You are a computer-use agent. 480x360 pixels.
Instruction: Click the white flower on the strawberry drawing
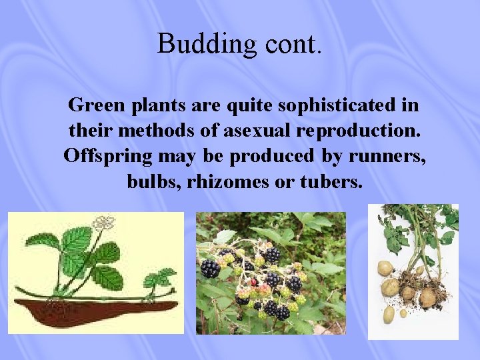click(103, 222)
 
